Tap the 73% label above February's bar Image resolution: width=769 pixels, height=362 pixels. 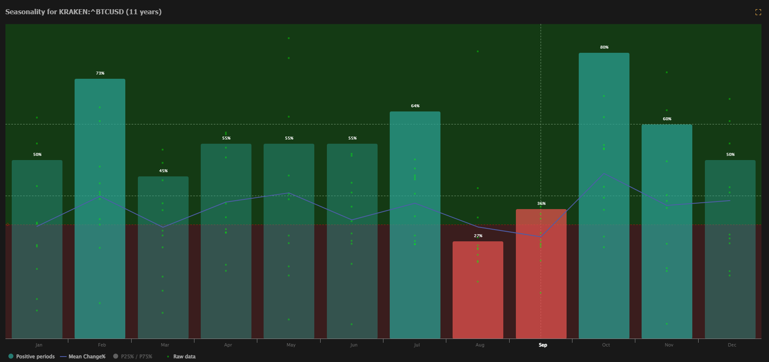pyautogui.click(x=100, y=73)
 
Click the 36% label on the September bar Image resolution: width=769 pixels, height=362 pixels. pyautogui.click(x=541, y=204)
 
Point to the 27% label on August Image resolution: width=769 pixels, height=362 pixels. pyautogui.click(x=478, y=236)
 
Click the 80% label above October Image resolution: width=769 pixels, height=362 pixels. pyautogui.click(x=604, y=47)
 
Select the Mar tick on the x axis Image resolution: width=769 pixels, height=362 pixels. pyautogui.click(x=165, y=345)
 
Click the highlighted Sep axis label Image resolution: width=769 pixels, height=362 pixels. pyautogui.click(x=543, y=345)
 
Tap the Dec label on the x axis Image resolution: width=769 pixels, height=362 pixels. pyautogui.click(x=732, y=345)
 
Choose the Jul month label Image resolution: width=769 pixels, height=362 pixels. pyautogui.click(x=417, y=345)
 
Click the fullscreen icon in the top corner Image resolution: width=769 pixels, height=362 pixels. pyautogui.click(x=758, y=12)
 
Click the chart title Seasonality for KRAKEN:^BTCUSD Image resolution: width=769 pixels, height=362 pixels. pyautogui.click(x=83, y=12)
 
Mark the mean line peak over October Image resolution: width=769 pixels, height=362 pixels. pyautogui.click(x=604, y=173)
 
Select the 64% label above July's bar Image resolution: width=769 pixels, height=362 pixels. pyautogui.click(x=415, y=106)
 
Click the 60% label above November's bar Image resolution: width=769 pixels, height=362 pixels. pyautogui.click(x=667, y=119)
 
